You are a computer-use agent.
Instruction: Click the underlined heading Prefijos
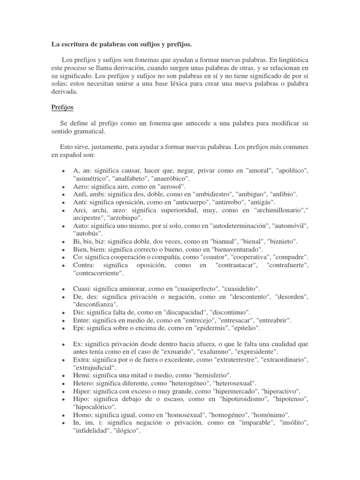(62, 107)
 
